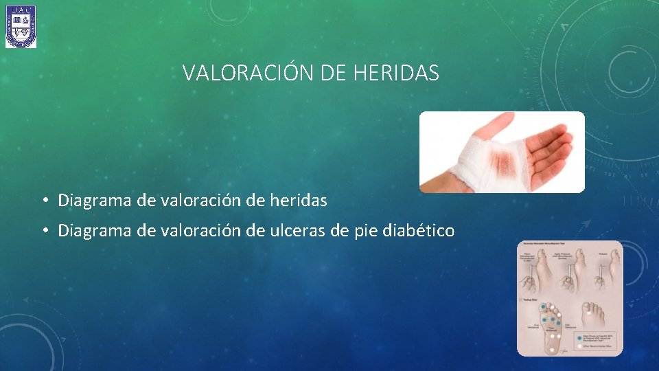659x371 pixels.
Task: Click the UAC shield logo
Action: tap(21, 27)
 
